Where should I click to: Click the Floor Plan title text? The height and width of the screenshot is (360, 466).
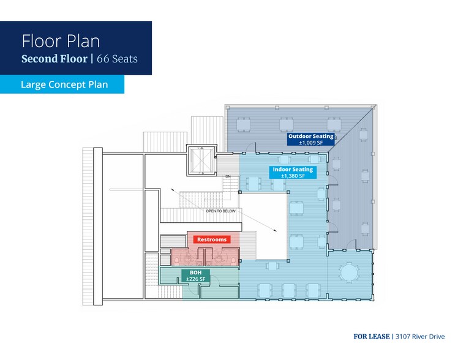click(61, 41)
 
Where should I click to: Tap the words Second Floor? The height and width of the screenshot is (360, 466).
click(54, 59)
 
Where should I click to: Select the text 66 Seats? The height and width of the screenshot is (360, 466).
click(117, 59)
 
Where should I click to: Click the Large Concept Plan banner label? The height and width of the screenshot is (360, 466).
click(64, 84)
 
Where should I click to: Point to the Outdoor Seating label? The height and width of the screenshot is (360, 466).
click(311, 137)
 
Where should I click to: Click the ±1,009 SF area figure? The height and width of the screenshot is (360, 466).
click(311, 143)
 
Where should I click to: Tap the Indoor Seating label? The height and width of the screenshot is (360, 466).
click(293, 170)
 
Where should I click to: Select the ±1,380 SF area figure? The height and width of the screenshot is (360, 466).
click(293, 176)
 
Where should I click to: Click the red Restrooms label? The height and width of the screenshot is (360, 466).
click(212, 239)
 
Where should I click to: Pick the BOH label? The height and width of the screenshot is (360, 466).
click(195, 272)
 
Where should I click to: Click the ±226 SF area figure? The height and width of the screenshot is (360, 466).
click(195, 279)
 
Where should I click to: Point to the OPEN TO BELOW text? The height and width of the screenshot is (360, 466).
click(221, 211)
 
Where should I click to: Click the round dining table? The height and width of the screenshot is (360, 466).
click(349, 272)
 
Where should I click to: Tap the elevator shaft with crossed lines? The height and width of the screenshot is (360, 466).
click(202, 160)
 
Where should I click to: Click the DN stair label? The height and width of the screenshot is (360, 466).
click(228, 177)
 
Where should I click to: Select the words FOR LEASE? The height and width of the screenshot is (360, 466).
click(372, 337)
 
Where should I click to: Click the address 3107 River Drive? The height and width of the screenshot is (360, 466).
click(420, 337)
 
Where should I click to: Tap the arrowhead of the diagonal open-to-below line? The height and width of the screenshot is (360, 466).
click(276, 230)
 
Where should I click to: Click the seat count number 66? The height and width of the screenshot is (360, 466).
click(103, 59)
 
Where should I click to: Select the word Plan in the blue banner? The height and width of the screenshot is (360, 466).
click(98, 84)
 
